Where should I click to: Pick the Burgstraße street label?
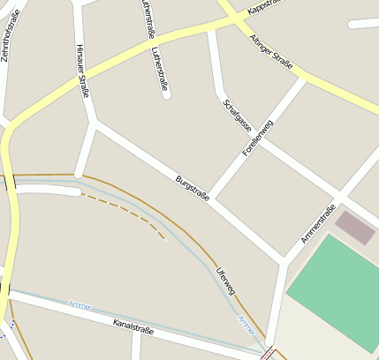coord(193,187)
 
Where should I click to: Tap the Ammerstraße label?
coord(318,223)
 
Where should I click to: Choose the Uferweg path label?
coord(226,278)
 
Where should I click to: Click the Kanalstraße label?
coord(133,329)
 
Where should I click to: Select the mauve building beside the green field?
coord(355,226)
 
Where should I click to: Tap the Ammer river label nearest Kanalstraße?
coord(80,304)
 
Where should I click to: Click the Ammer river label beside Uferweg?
coord(246,325)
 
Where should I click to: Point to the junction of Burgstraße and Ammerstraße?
coord(284,260)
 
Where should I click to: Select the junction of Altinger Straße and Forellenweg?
coord(303,80)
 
